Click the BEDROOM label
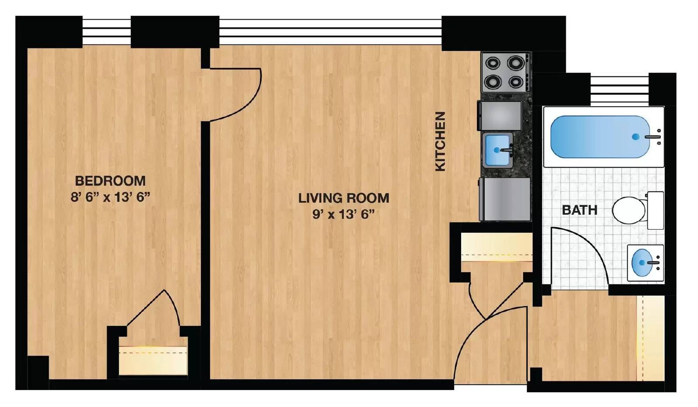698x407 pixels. [x=110, y=180]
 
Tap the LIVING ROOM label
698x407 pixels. [x=343, y=198]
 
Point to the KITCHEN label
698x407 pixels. [x=440, y=141]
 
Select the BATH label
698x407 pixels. [x=579, y=210]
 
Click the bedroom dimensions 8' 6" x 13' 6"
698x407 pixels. [x=110, y=197]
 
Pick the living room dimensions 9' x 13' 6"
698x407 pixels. [x=343, y=214]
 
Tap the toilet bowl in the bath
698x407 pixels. [x=629, y=210]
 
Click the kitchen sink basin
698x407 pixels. [x=497, y=150]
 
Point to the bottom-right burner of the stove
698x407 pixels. [x=516, y=81]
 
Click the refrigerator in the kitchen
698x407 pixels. [x=505, y=199]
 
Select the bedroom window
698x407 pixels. [x=106, y=31]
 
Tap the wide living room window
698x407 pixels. [x=330, y=31]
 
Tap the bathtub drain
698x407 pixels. [x=636, y=137]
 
